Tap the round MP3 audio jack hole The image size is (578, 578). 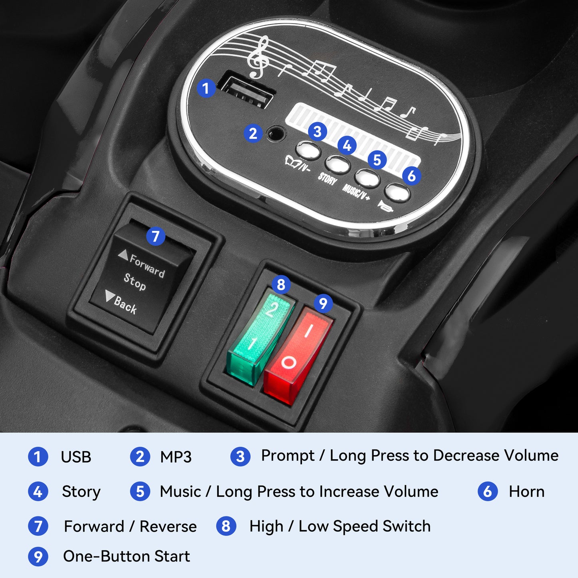click(x=276, y=133)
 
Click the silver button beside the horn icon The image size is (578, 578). click(x=397, y=192)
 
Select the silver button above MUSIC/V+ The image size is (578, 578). click(x=367, y=178)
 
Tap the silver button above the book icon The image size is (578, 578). click(x=308, y=150)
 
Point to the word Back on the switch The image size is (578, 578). click(x=125, y=305)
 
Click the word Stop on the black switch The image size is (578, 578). click(x=135, y=282)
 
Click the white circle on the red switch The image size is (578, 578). click(x=288, y=363)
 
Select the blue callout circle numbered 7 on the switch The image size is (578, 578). click(x=156, y=236)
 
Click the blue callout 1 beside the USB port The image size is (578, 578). click(x=206, y=88)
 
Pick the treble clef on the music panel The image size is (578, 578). click(x=258, y=57)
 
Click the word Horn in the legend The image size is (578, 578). click(x=526, y=492)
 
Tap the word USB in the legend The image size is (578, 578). click(x=76, y=457)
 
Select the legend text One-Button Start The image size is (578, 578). click(x=126, y=556)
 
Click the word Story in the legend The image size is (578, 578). click(x=81, y=492)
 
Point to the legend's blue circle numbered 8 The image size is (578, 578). click(x=226, y=526)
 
